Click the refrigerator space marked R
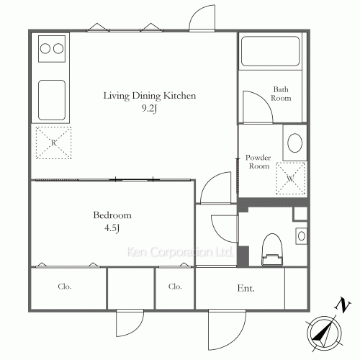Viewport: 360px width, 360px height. point(53,143)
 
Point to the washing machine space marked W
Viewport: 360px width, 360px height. point(290,179)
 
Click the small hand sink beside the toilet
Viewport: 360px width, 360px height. point(302,236)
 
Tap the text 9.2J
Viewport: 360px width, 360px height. point(149,109)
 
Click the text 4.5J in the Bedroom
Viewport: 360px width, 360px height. point(112,228)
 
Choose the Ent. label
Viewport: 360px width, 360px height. point(246,288)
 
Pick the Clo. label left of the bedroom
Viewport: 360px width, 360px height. point(65,287)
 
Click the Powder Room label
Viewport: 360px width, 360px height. point(258,162)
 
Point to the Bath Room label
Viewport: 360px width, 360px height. point(281,94)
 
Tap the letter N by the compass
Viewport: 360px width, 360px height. point(343,305)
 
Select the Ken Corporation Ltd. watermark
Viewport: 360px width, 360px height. point(179,252)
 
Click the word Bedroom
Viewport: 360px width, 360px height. point(112,215)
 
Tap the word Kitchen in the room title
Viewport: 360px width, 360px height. point(179,96)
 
